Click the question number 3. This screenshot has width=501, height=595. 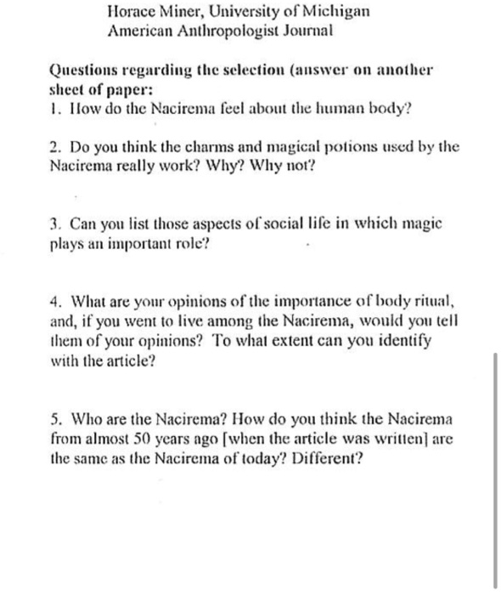(54, 226)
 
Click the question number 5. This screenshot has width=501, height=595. (54, 419)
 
